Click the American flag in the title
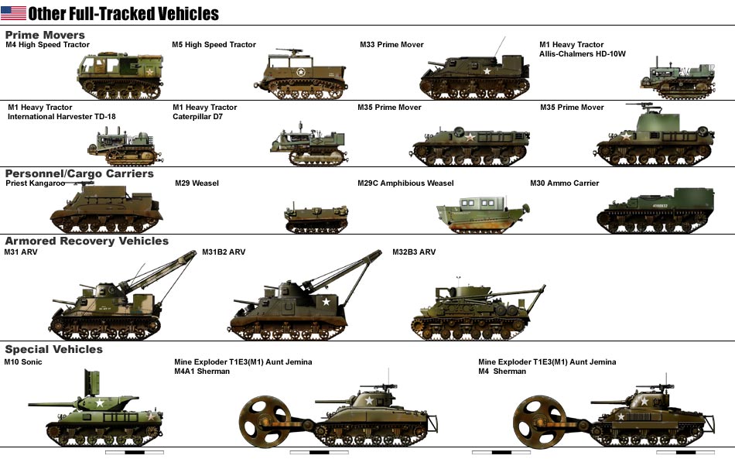tap(14, 13)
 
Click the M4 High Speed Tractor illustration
tap(121, 75)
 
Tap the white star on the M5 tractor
tap(301, 72)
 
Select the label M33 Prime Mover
tap(391, 45)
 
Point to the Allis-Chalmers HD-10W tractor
tap(678, 79)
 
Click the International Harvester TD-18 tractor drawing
tap(125, 146)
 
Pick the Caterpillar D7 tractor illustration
tap(308, 145)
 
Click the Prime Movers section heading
tap(45, 35)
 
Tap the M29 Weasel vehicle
tap(316, 218)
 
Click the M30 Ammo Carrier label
tap(564, 183)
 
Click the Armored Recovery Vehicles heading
tap(87, 241)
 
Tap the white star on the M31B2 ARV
tap(326, 301)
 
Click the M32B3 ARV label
tap(414, 252)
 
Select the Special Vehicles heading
tap(54, 349)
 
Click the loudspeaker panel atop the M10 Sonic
tap(91, 383)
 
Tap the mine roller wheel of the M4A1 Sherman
tap(265, 422)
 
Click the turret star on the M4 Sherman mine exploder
tap(644, 401)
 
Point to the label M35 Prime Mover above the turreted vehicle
tap(572, 108)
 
